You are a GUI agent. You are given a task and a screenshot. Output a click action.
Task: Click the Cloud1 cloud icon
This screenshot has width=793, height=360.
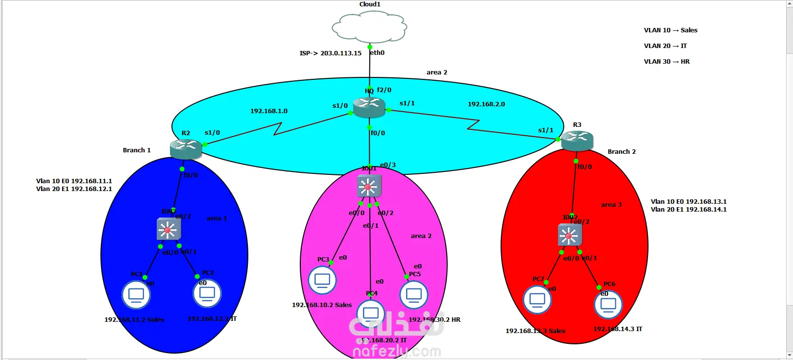pos(369,27)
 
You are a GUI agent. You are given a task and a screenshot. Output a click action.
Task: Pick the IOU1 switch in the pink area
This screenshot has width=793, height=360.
pos(369,186)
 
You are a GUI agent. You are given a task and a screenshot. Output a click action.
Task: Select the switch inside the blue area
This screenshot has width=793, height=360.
pos(168,229)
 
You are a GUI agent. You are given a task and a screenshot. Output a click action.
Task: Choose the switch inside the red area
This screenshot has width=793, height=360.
pos(570,235)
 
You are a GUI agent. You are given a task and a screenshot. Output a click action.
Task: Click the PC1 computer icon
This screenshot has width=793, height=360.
pos(136,295)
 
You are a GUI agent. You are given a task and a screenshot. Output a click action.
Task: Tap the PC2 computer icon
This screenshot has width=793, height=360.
pos(207,294)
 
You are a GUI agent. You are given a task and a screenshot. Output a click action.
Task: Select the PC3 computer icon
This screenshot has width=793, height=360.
pos(322,280)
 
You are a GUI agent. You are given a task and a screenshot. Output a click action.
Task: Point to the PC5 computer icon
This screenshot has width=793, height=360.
pos(414,295)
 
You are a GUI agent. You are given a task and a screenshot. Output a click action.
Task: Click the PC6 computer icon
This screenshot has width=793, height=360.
pos(608,304)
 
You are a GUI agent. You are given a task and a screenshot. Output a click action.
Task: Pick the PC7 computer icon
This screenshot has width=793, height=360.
pos(537,300)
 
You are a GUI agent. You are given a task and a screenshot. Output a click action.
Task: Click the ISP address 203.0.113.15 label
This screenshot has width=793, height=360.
pos(331,53)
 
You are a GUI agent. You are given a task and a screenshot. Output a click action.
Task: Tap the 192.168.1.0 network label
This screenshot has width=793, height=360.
pos(269,111)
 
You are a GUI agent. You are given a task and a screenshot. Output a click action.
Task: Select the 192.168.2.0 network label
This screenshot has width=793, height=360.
pos(486,104)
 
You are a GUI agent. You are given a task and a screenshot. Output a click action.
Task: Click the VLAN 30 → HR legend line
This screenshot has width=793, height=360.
pos(666,62)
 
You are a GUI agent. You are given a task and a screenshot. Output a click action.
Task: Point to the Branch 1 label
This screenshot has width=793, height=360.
pos(137,150)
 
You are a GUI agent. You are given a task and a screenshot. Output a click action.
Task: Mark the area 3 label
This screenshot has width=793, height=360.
pos(611,205)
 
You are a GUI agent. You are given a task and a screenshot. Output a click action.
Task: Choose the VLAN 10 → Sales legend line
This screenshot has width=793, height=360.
pos(670,30)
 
